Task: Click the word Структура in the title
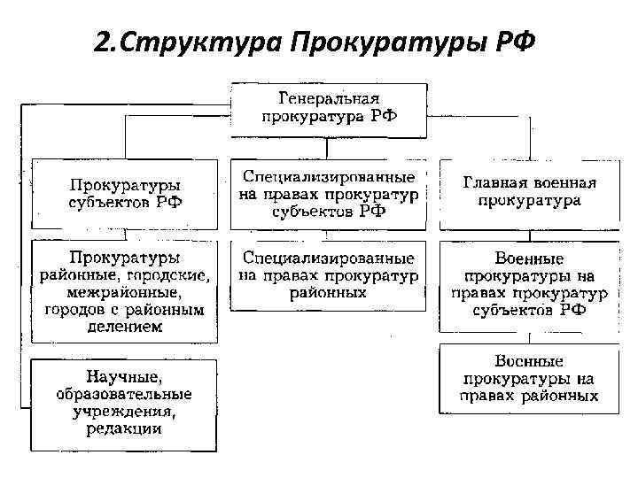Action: (x=176, y=42)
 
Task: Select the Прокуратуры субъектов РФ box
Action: (x=125, y=194)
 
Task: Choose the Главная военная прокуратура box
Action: (x=530, y=192)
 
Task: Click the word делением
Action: (x=124, y=328)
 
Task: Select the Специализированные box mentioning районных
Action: (x=328, y=274)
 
